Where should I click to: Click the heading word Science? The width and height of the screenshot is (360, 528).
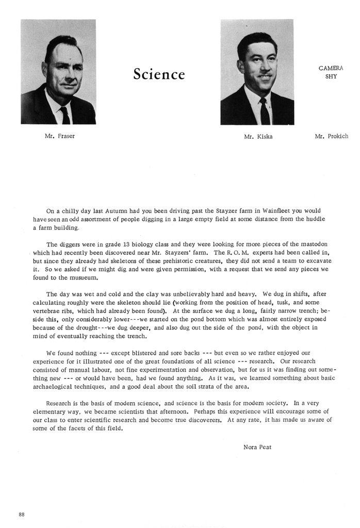pos(159,74)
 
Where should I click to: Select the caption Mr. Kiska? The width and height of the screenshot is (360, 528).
pos(258,137)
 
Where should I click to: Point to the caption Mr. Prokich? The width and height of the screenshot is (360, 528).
pos(331,137)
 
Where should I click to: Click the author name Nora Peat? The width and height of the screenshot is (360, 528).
pos(257,447)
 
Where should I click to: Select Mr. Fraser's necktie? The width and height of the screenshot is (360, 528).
pos(65,114)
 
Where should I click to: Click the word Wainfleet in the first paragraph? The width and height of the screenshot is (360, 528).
pos(266,210)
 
